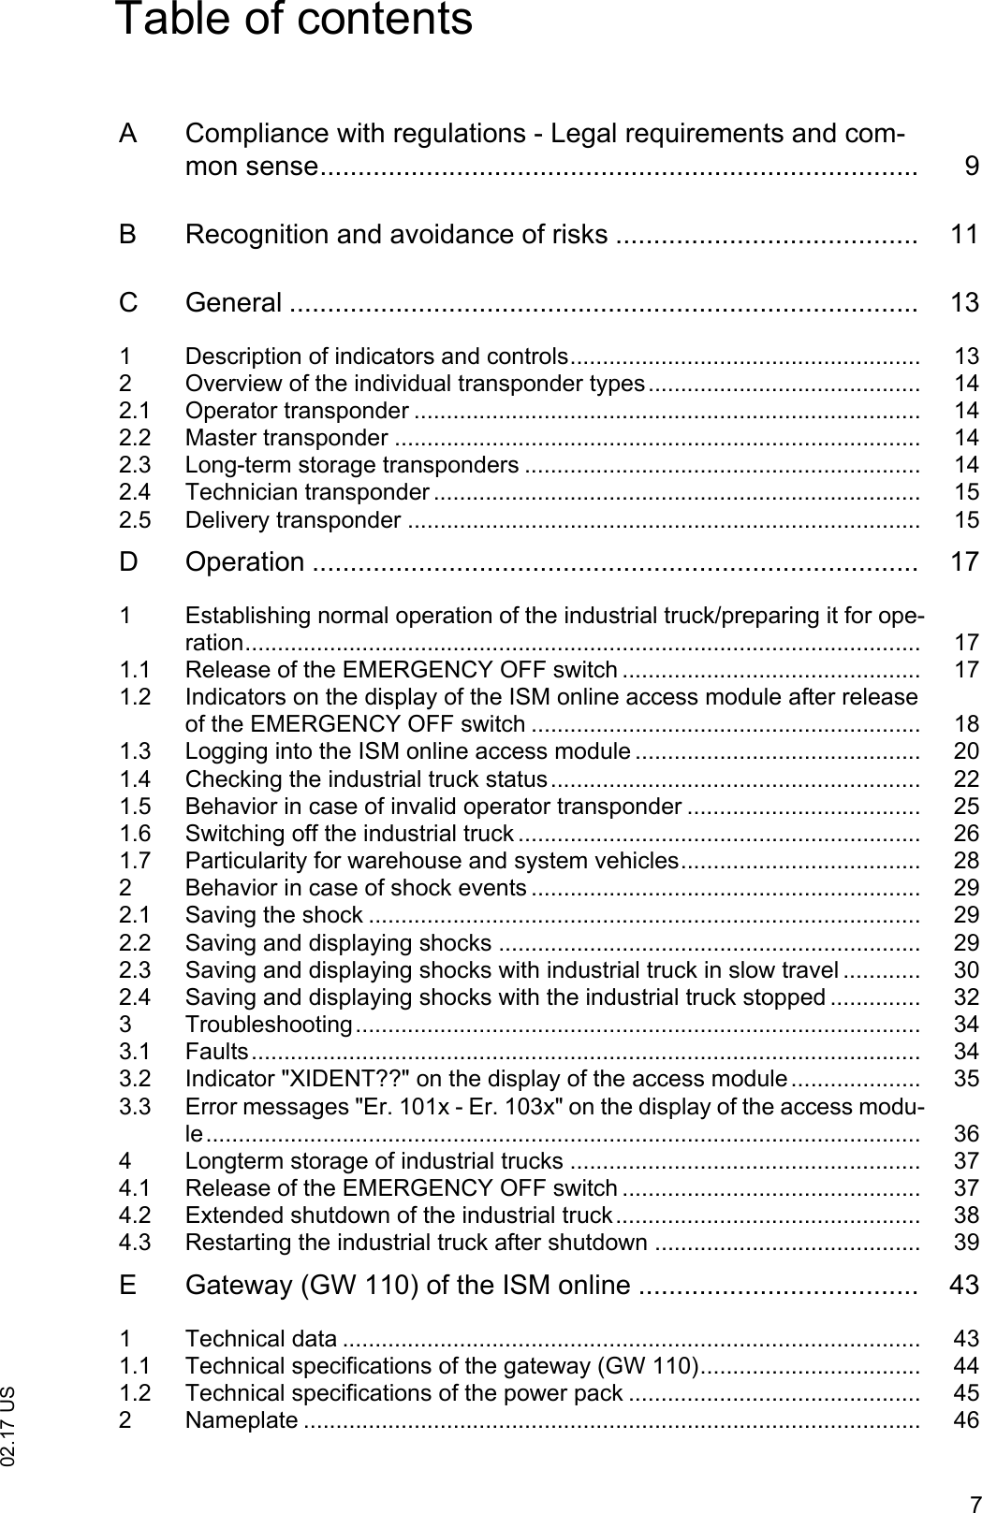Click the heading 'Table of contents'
coord(293,21)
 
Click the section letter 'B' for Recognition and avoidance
coord(128,234)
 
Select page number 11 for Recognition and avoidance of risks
coord(964,234)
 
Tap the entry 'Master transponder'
coord(286,438)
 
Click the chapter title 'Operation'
coord(244,561)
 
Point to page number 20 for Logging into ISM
coord(966,750)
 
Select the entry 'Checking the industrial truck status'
coord(366,778)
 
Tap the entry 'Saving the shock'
coord(273,914)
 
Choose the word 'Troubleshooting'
coord(269,1025)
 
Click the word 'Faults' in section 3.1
coord(216,1052)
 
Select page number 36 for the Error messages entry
coord(966,1134)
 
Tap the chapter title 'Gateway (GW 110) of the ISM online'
coord(407,1285)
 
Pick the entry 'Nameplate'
coord(242,1420)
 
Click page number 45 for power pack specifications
coord(966,1393)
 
